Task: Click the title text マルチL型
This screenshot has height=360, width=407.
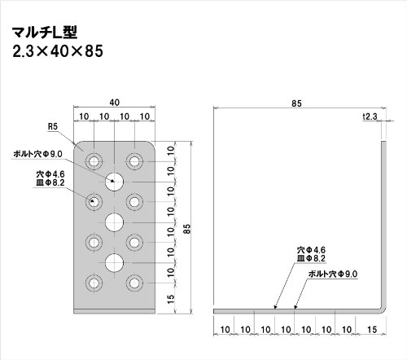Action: pos(45,33)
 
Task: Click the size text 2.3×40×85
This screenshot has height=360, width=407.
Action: pos(58,51)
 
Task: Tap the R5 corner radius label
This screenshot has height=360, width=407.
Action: pos(53,126)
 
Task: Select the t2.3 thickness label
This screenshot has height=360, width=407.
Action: pos(370,116)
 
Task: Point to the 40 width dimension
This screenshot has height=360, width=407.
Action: pos(114,103)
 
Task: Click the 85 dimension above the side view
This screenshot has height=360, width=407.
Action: pos(296,103)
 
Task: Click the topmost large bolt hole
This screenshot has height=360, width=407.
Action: pos(114,182)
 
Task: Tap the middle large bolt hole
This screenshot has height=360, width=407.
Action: pos(114,222)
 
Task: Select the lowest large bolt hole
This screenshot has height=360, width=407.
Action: pos(114,263)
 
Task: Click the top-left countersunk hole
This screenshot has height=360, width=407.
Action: pos(94,161)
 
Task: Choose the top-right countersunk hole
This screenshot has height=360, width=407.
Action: pos(134,161)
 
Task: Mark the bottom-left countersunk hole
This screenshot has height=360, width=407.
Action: pos(94,283)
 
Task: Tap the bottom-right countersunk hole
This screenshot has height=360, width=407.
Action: pos(134,283)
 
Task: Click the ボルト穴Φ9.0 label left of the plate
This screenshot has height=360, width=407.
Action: pos(37,154)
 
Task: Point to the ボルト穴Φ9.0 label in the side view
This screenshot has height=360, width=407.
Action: pos(333,274)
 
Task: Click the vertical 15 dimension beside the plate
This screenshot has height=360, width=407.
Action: pos(171,299)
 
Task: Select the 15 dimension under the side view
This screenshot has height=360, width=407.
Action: pos(372,330)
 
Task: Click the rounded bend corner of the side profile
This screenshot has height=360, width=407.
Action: pos(383,310)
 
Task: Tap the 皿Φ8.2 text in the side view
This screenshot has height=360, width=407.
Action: pos(311,258)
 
